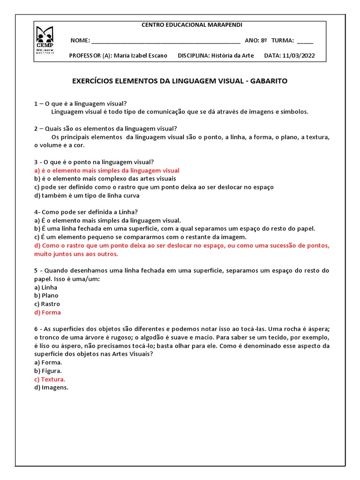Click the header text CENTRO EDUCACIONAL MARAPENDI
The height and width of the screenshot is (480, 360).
[x=192, y=25]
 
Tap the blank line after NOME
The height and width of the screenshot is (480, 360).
[x=166, y=41]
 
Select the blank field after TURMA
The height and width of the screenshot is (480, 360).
[x=305, y=41]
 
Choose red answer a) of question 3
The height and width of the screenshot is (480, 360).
[x=106, y=170]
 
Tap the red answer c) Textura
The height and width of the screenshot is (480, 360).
[x=50, y=379]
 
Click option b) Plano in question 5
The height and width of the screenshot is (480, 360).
[x=46, y=295]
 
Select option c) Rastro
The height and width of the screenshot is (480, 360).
[x=47, y=304]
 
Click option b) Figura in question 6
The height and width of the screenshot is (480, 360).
[x=48, y=371]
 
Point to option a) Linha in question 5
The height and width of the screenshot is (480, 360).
[x=46, y=287]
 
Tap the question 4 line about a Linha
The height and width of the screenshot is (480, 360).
[x=86, y=212]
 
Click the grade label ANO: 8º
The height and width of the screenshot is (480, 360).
[x=256, y=41]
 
